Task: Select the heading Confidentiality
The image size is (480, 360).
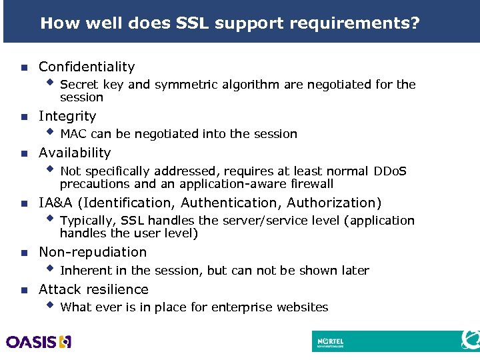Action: [87, 67]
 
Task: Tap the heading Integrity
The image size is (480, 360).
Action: [67, 116]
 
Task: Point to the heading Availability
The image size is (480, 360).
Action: [75, 153]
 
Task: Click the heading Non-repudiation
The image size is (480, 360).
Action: [93, 252]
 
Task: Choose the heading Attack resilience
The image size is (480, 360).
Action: [93, 289]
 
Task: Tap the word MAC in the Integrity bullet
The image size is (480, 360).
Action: [73, 134]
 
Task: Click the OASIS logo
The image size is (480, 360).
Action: [39, 342]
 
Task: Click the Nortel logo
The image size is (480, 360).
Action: [330, 342]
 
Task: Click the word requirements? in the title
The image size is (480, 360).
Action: [354, 24]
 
